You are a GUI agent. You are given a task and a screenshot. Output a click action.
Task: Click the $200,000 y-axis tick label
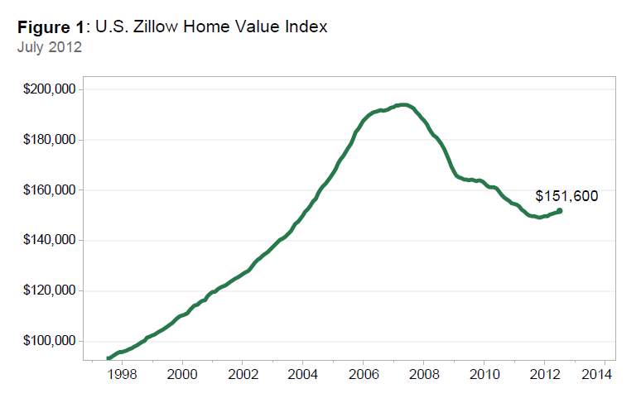click(x=51, y=89)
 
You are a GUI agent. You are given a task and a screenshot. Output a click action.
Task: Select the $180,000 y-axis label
click(x=51, y=140)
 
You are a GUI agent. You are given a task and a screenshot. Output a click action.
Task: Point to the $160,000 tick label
click(x=51, y=190)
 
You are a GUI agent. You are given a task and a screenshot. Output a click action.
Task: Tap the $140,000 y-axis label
click(x=51, y=241)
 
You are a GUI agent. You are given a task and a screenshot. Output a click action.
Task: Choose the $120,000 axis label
click(x=51, y=291)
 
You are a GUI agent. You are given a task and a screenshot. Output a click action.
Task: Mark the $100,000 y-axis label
click(x=51, y=342)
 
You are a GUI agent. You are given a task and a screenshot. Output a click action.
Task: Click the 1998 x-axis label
click(x=122, y=374)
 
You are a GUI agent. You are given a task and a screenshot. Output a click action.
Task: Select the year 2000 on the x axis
click(x=182, y=374)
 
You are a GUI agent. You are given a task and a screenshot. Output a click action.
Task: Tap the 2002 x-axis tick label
click(x=242, y=374)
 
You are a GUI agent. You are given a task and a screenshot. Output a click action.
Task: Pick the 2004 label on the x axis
click(x=302, y=374)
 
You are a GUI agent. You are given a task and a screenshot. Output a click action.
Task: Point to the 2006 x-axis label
click(x=363, y=374)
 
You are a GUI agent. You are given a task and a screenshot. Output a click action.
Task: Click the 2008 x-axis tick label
click(x=423, y=374)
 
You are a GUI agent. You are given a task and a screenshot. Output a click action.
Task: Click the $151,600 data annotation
click(x=566, y=196)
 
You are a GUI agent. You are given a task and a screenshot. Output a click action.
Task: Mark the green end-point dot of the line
click(x=560, y=211)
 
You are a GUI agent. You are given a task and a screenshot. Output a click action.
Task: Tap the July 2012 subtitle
click(x=49, y=46)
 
